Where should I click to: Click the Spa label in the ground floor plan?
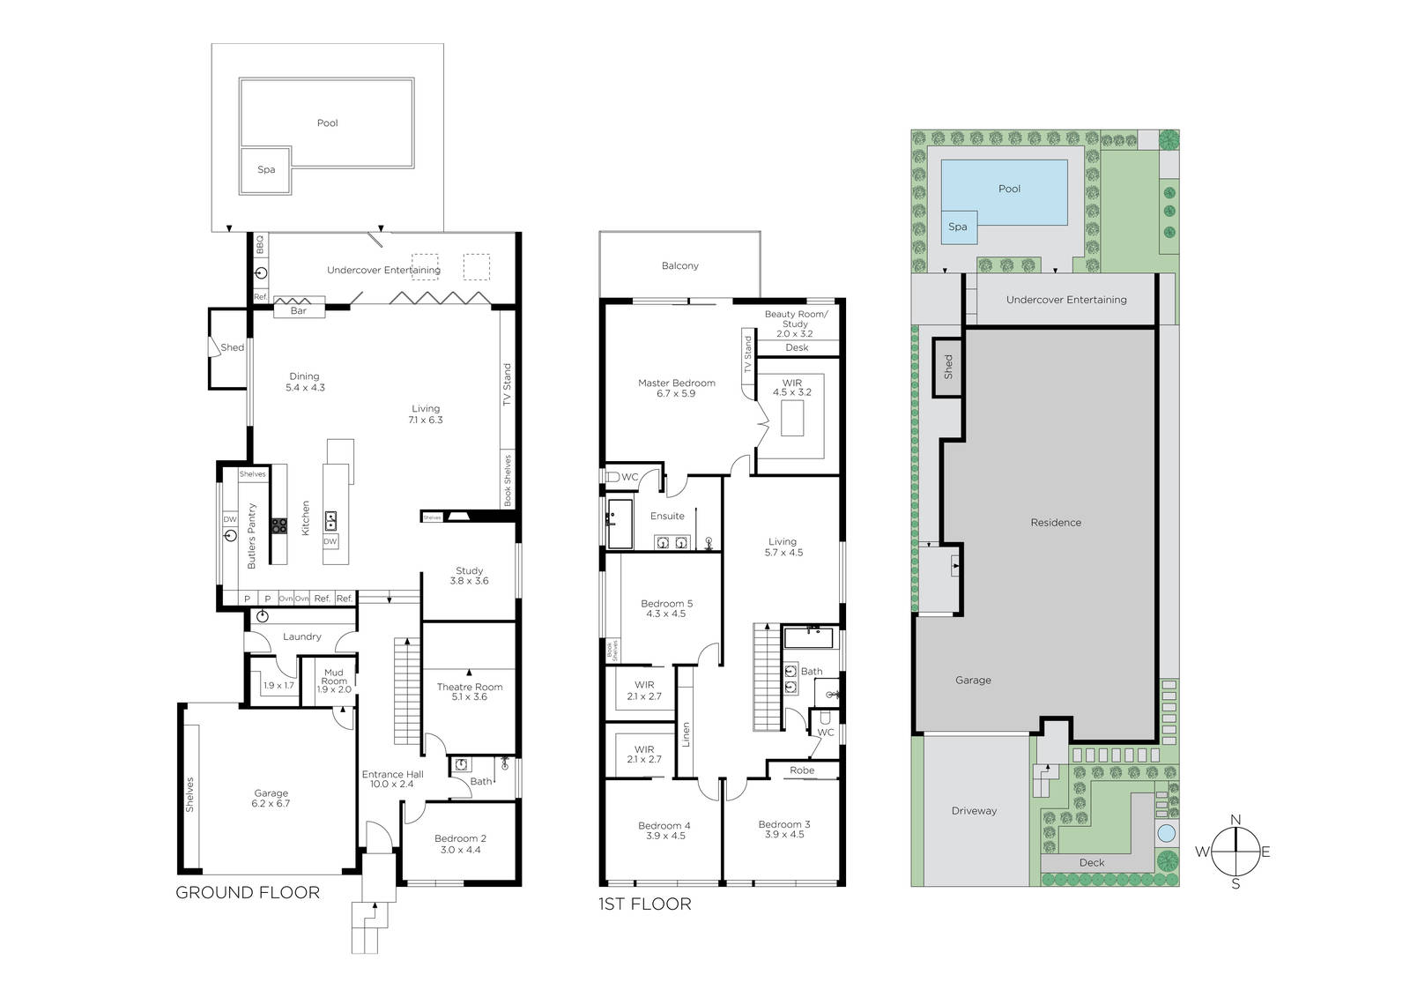click(266, 169)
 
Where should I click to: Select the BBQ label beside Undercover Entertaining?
click(260, 244)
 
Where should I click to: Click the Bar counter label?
click(299, 310)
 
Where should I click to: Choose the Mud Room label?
click(334, 676)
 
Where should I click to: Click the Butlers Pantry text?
click(252, 536)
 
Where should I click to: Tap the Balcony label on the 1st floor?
click(679, 266)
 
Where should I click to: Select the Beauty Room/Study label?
click(796, 319)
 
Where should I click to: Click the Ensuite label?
click(667, 516)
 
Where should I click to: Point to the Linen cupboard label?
click(686, 734)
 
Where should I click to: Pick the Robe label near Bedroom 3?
click(802, 770)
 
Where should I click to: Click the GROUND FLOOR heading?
click(248, 892)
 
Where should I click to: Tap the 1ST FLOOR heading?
click(644, 904)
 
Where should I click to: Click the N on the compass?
click(1236, 820)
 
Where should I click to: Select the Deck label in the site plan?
click(1092, 863)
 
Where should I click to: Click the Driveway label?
click(974, 811)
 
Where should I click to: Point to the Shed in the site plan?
click(947, 368)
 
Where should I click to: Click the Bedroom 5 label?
click(666, 608)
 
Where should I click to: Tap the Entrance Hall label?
click(392, 779)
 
